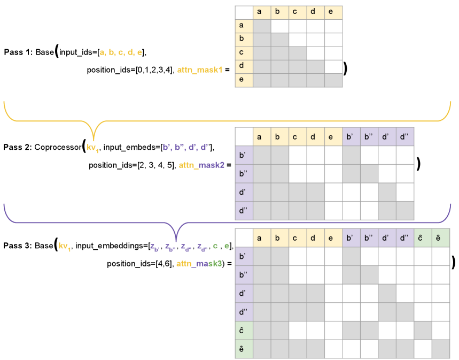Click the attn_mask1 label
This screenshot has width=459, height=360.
click(199, 70)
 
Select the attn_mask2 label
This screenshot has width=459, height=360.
click(201, 165)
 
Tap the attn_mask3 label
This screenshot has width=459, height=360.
click(199, 264)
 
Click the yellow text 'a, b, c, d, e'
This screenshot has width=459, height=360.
click(121, 52)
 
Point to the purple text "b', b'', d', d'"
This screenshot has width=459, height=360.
click(185, 147)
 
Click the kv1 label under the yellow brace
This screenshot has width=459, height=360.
click(93, 147)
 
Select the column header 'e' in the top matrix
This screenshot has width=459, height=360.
click(333, 12)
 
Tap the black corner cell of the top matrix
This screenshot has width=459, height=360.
click(244, 12)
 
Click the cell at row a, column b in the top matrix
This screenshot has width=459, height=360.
click(279, 26)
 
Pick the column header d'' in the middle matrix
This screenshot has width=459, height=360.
click(404, 137)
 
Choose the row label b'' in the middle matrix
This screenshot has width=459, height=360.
click(244, 174)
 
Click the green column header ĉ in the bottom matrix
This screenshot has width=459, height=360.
click(423, 238)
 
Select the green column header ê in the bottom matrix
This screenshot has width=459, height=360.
click(441, 238)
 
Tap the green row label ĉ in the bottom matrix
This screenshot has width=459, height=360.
click(244, 330)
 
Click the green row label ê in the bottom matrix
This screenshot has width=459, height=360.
click(244, 349)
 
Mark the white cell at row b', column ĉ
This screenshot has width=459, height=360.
click(423, 257)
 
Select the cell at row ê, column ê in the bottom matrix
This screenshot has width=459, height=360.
click(441, 349)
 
